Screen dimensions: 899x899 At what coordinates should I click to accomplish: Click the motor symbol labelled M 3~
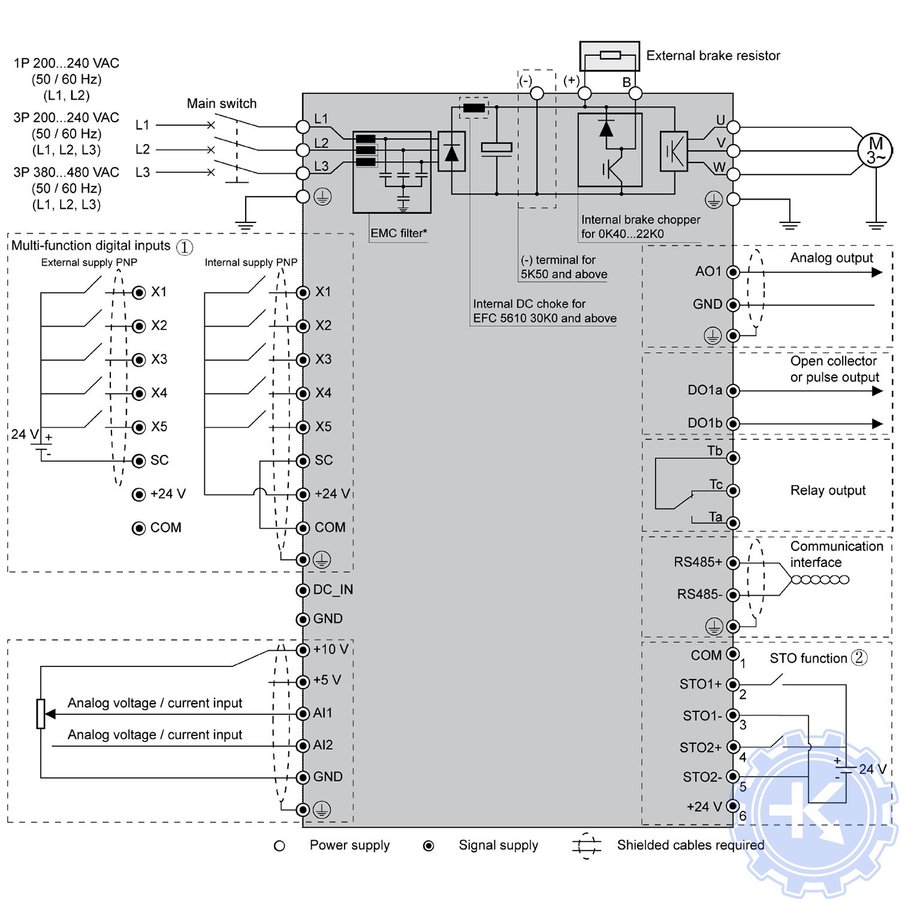[x=875, y=150]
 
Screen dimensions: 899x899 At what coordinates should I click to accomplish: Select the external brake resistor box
[x=610, y=56]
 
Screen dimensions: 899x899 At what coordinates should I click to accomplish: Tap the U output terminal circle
[x=733, y=127]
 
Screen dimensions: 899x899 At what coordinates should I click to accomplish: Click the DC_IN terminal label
[x=333, y=590]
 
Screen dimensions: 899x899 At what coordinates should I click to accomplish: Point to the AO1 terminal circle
[x=732, y=272]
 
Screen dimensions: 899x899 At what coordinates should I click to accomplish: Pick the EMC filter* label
[x=399, y=233]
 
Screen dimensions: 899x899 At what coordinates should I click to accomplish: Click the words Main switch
[x=222, y=103]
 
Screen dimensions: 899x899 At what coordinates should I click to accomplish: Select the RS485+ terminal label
[x=698, y=562]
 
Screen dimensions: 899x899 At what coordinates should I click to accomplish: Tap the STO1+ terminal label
[x=700, y=684]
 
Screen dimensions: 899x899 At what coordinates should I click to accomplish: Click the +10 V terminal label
[x=331, y=649]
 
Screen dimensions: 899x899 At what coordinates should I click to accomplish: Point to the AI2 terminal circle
[x=303, y=746]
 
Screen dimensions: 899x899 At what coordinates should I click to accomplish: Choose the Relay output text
[x=828, y=490]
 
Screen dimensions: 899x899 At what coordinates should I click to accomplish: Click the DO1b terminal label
[x=704, y=423]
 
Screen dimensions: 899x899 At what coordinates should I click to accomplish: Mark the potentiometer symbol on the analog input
[x=41, y=714]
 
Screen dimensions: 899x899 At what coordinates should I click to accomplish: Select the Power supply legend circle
[x=279, y=846]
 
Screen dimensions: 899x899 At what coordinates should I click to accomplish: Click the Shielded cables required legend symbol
[x=587, y=846]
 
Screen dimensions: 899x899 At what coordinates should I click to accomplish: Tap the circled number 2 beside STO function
[x=859, y=657]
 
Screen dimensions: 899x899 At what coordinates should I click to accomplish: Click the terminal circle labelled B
[x=635, y=93]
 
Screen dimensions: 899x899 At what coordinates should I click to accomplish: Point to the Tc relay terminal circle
[x=732, y=491]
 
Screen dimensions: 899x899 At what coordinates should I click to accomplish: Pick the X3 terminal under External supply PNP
[x=139, y=360]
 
